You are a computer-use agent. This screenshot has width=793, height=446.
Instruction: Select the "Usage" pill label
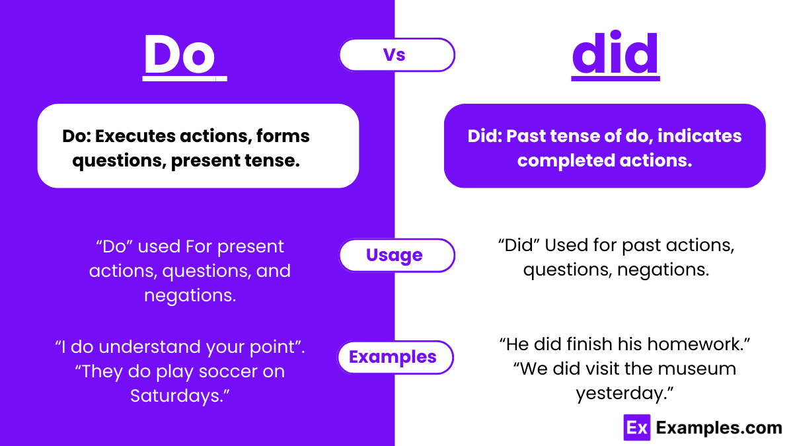click(395, 255)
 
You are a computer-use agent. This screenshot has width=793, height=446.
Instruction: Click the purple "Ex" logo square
click(637, 427)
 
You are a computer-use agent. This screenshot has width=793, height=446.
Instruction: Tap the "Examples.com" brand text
click(719, 427)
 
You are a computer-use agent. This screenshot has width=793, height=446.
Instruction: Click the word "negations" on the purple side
click(188, 295)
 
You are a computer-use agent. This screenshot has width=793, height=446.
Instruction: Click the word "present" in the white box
click(208, 161)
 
